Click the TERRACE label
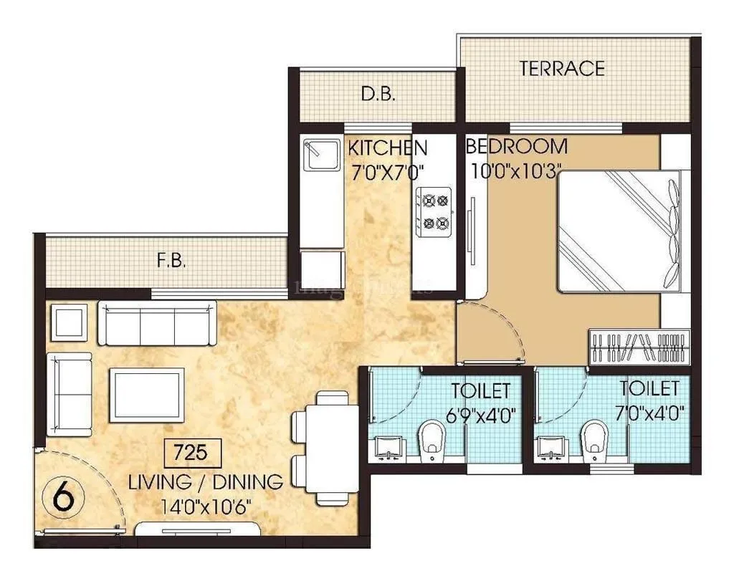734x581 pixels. (562, 69)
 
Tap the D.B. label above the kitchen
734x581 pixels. (377, 95)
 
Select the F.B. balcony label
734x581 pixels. (171, 261)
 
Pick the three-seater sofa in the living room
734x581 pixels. (157, 324)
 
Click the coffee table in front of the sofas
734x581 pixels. (146, 394)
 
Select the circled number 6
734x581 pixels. (65, 497)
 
